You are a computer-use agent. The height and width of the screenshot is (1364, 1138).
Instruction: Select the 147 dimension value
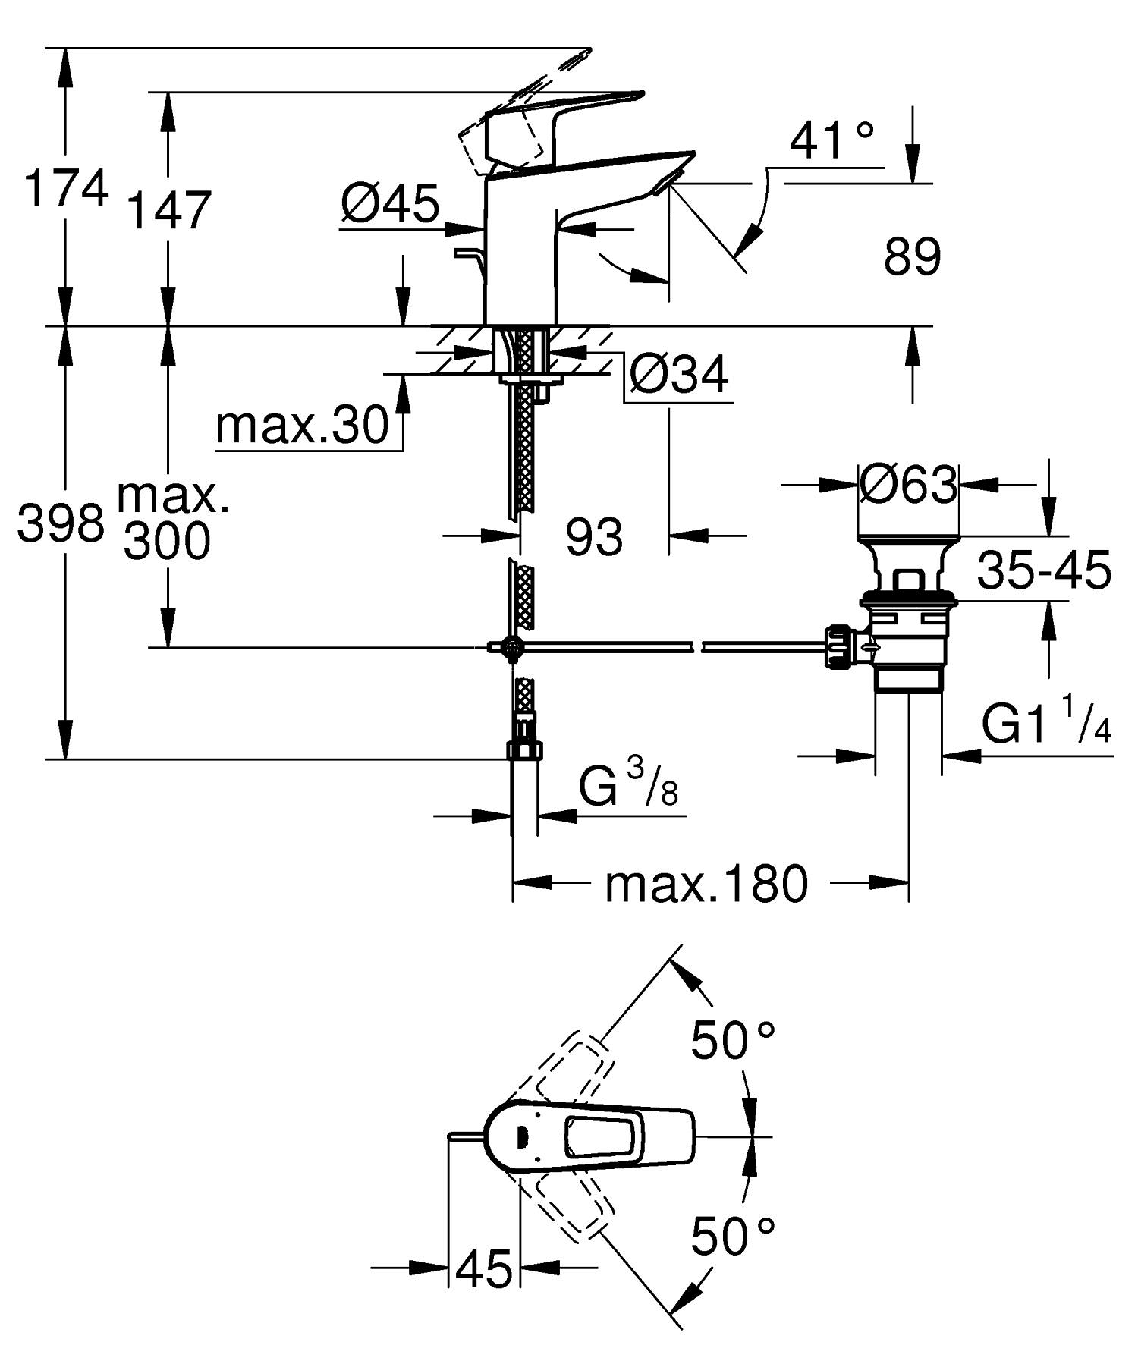[168, 211]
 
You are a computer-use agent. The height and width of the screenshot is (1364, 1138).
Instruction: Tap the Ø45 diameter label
[390, 203]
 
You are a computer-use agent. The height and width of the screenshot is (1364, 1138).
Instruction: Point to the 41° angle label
[831, 140]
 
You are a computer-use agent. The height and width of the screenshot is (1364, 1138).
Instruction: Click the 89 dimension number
[912, 256]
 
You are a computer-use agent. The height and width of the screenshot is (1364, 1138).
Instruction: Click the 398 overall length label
[61, 523]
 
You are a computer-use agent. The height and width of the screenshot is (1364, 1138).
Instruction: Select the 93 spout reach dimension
[593, 537]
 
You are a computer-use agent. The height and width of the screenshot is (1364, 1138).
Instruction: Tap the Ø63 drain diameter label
[908, 484]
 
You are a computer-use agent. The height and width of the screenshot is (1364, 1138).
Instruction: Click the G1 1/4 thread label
[1046, 725]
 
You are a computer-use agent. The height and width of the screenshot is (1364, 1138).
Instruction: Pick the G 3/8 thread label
[628, 787]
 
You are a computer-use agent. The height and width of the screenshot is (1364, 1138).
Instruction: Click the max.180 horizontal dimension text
[706, 884]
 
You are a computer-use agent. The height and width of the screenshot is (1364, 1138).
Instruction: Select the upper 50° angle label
[732, 1040]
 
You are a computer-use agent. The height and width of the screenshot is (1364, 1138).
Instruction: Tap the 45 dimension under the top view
[485, 1268]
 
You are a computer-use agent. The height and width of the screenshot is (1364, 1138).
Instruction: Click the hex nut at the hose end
[525, 750]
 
